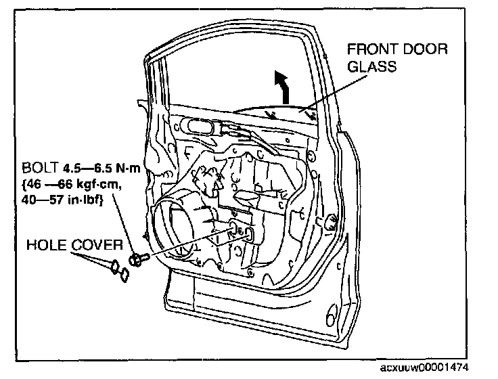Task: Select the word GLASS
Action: click(x=372, y=66)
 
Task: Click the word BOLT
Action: click(x=40, y=167)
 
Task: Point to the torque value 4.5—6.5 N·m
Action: click(x=101, y=167)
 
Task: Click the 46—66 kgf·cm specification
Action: click(x=72, y=184)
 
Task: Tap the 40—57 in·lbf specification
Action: click(x=62, y=200)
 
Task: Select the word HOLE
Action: click(x=47, y=245)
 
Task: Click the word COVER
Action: click(x=97, y=245)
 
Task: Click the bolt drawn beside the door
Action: click(x=139, y=259)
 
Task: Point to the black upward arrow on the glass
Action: click(x=283, y=87)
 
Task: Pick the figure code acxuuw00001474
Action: click(x=424, y=367)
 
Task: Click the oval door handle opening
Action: click(x=199, y=127)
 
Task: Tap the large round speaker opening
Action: click(x=173, y=223)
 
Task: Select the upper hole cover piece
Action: click(x=114, y=266)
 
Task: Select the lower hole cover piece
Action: click(x=124, y=275)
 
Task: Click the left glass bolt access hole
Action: click(x=233, y=229)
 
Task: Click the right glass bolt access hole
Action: click(x=249, y=234)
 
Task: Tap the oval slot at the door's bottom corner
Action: click(x=330, y=315)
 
